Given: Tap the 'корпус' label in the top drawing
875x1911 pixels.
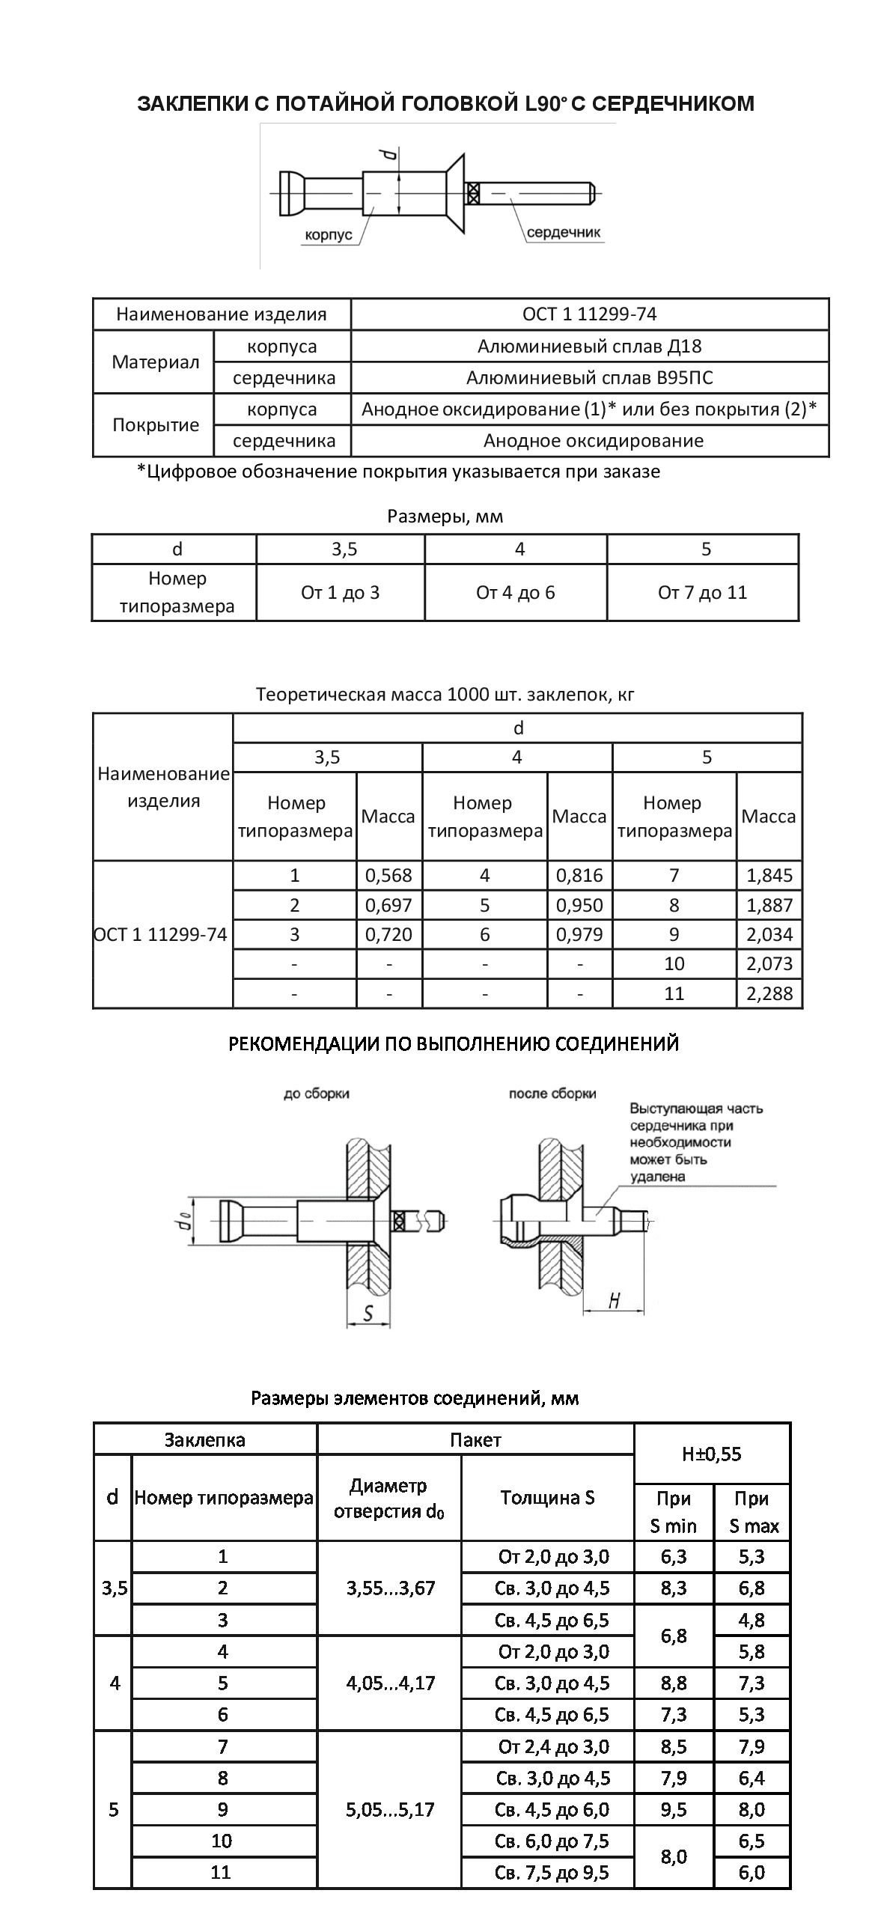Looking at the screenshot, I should click(x=328, y=235).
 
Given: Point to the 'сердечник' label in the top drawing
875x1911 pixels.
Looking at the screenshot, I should click(x=564, y=232).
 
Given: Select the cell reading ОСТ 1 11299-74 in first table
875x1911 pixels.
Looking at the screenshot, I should click(x=589, y=314).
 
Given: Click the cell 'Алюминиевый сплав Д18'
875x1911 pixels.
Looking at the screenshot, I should click(x=589, y=347).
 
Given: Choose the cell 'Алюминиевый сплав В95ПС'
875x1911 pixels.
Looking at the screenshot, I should click(x=589, y=378).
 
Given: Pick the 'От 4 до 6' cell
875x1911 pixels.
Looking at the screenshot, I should click(x=515, y=593).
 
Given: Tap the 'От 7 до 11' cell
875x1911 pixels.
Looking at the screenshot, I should click(x=702, y=593).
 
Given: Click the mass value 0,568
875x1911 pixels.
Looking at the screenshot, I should click(x=388, y=875).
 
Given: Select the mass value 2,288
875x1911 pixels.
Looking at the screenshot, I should click(x=769, y=993).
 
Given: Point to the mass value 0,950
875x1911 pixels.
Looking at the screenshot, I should click(x=579, y=905).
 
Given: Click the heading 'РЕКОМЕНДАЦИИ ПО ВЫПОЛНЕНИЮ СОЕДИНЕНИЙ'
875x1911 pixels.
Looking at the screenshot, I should click(x=453, y=1043).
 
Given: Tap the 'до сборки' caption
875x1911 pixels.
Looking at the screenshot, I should click(x=316, y=1094).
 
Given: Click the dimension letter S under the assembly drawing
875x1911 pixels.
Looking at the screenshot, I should click(x=368, y=1313).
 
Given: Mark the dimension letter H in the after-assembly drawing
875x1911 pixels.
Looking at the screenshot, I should click(x=614, y=1301).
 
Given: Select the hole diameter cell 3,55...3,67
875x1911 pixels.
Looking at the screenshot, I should click(x=390, y=1588).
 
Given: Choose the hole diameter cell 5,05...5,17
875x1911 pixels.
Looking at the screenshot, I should click(x=390, y=1809).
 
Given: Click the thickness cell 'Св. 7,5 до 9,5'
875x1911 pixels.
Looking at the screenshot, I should click(x=552, y=1872).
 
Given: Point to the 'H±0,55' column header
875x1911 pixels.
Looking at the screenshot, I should click(x=711, y=1454).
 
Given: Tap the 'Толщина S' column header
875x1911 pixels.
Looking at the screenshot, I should click(x=547, y=1497).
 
